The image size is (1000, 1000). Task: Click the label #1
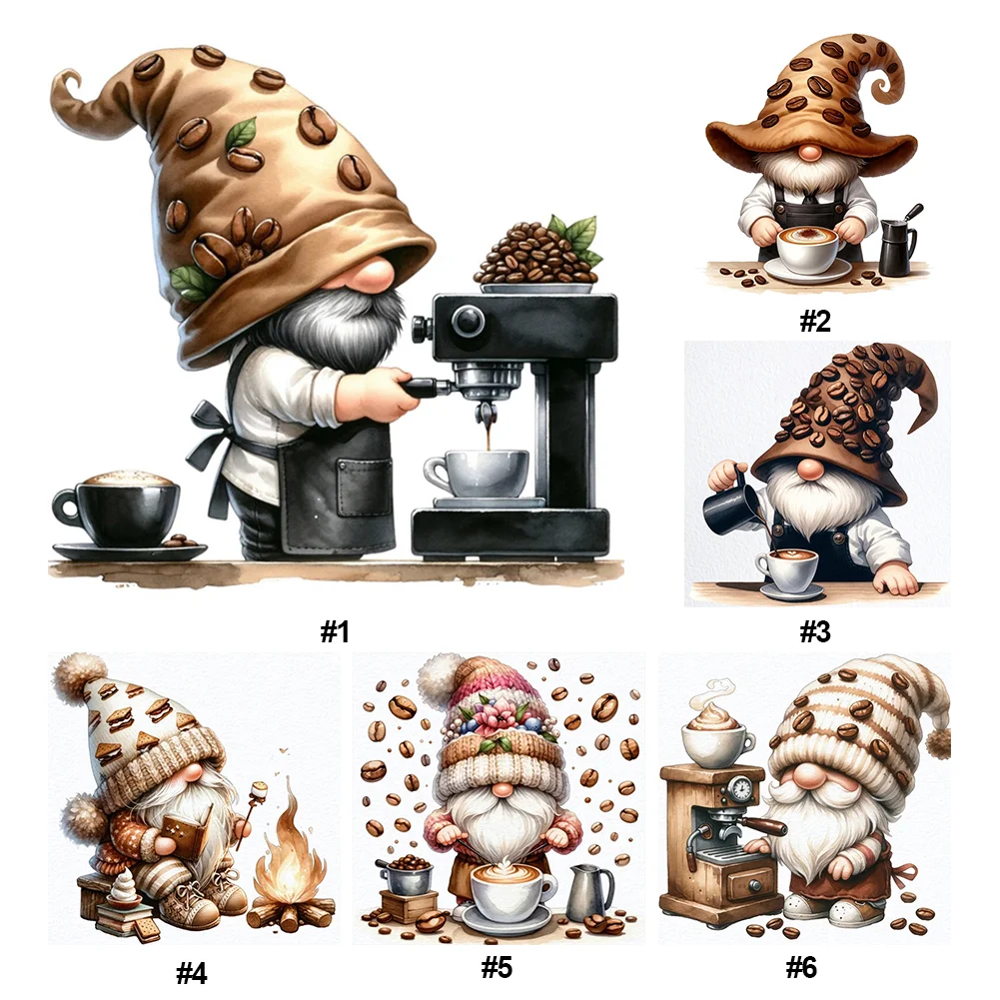pos(335,632)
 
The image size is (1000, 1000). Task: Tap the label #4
pos(192,973)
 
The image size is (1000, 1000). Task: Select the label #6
pos(801,967)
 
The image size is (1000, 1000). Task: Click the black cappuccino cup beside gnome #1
pos(117,508)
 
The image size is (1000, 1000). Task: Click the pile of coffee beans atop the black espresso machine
pos(537,254)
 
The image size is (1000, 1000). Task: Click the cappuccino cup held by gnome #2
pos(808,250)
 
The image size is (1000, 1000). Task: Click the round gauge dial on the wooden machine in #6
pos(741,788)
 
